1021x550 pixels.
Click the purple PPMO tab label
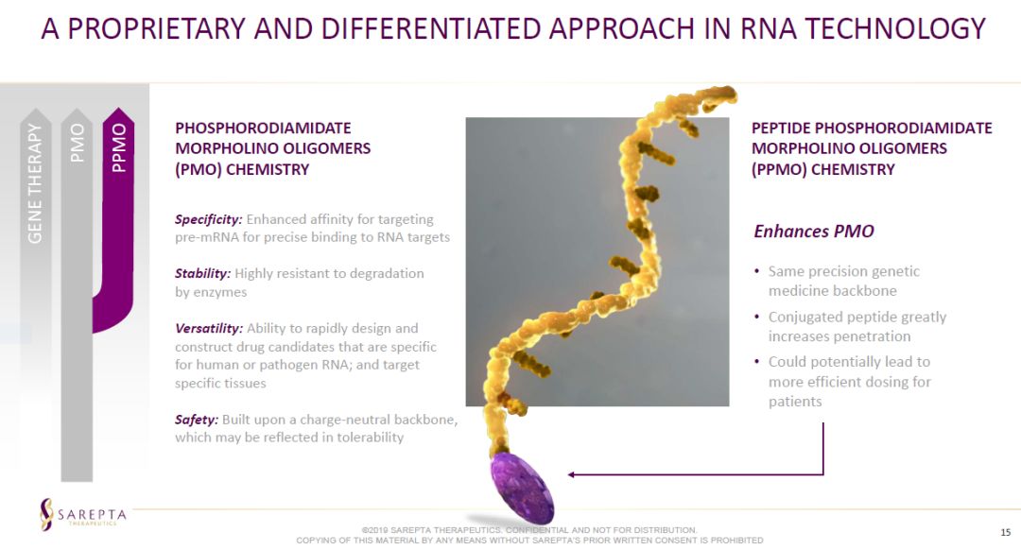coord(118,147)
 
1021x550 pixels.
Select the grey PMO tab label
coord(77,143)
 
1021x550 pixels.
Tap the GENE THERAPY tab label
coord(35,183)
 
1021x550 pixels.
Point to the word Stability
coord(202,273)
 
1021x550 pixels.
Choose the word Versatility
coord(208,328)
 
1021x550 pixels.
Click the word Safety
coord(196,420)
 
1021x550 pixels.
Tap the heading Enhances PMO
coord(814,232)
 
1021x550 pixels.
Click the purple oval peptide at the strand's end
coord(522,488)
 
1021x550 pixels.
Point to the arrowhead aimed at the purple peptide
coord(571,474)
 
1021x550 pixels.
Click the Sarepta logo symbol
coord(46,514)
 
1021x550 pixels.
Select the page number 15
coord(1005,532)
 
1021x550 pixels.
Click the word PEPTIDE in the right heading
coord(780,128)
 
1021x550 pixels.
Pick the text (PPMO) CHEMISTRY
coord(823,169)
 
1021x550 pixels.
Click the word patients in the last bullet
coord(795,402)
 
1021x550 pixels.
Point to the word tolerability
coord(370,438)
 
